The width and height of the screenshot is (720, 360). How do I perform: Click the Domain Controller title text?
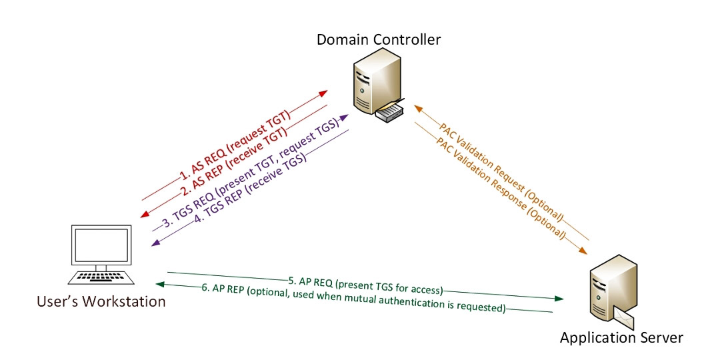click(378, 40)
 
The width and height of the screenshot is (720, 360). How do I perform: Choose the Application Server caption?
click(621, 337)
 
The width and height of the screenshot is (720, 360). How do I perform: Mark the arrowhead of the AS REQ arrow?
click(326, 91)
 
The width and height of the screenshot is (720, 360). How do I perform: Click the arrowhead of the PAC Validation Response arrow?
click(583, 251)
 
